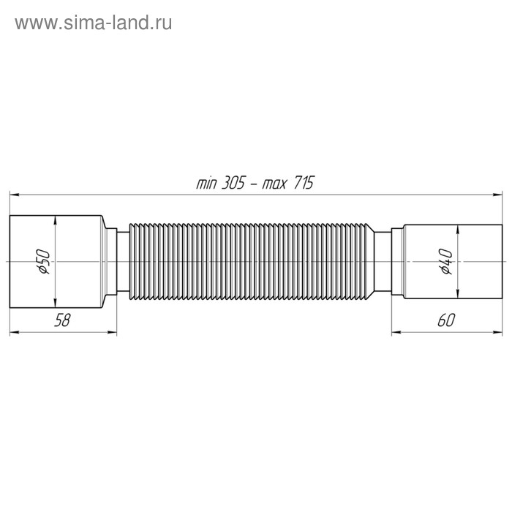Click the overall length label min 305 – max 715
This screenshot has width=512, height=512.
click(255, 184)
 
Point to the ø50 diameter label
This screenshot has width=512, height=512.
click(43, 261)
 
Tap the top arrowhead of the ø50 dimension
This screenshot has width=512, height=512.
click(56, 219)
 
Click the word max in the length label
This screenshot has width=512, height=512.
click(274, 184)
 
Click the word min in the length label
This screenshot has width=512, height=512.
click(206, 184)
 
